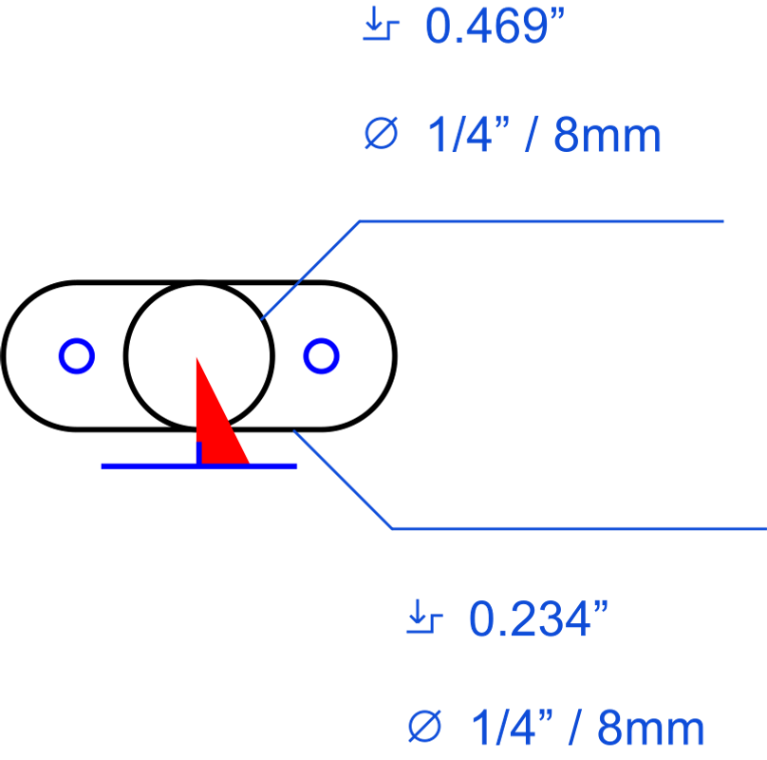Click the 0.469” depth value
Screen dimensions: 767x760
tap(495, 26)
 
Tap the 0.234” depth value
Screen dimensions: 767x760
tap(538, 618)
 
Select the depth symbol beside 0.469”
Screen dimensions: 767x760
tap(381, 23)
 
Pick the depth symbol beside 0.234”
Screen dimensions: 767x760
tap(424, 616)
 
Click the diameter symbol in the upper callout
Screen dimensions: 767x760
tap(382, 133)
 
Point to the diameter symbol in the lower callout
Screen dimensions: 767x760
tap(424, 726)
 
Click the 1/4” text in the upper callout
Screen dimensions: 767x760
tap(469, 134)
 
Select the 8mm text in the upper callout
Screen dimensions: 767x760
tap(608, 135)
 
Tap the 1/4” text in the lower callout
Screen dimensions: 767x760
tap(513, 728)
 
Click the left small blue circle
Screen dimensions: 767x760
tap(77, 356)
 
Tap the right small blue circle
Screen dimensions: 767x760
tap(322, 356)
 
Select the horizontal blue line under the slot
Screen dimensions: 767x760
tap(199, 466)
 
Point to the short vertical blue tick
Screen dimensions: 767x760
tap(199, 453)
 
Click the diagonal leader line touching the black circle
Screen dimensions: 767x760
tap(310, 271)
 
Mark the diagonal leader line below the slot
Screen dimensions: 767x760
tap(343, 480)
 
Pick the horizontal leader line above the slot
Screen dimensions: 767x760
tap(541, 221)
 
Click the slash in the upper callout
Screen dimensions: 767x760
tap(533, 134)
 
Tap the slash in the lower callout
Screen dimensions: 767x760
tap(576, 728)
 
